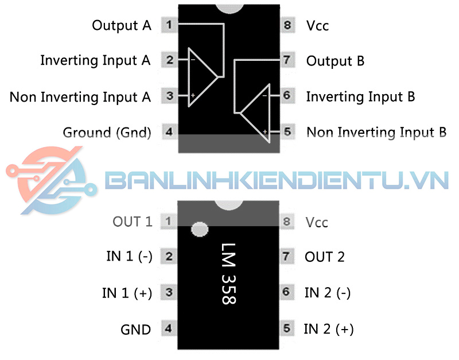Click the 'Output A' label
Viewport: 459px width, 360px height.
(x=122, y=25)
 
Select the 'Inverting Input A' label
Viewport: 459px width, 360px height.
(x=95, y=60)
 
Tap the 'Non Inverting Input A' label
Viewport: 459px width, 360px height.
(x=80, y=96)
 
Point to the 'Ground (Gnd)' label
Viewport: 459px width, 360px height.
(x=107, y=133)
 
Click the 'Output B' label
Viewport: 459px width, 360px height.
(x=335, y=61)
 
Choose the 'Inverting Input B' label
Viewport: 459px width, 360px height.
(x=360, y=96)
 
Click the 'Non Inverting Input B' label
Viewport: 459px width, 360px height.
(x=376, y=133)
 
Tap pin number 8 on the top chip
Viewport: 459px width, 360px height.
(x=287, y=25)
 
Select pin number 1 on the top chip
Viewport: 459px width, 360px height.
(x=169, y=25)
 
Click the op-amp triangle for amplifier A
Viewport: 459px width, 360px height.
(x=201, y=78)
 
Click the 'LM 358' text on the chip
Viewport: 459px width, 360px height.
(x=228, y=273)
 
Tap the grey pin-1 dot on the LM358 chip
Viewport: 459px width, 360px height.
(x=199, y=229)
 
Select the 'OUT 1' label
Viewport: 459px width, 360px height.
(x=133, y=222)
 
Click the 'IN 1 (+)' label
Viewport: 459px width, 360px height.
(x=127, y=293)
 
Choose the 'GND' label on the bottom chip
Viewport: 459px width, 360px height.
(x=135, y=330)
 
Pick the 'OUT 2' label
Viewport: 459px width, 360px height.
(x=325, y=257)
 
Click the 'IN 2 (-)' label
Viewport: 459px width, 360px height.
(x=327, y=293)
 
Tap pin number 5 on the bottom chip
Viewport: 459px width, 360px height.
(x=287, y=329)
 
